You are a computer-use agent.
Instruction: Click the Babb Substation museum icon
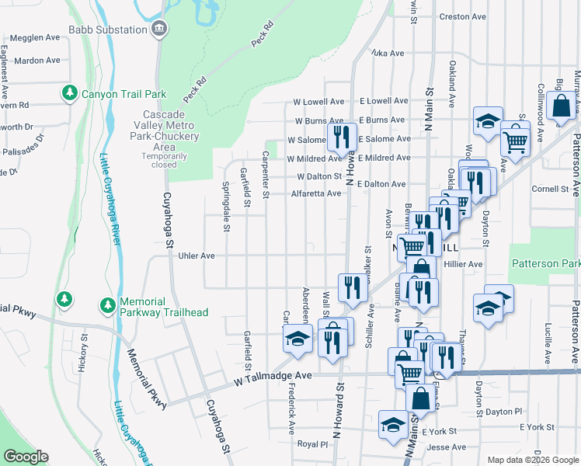(159, 30)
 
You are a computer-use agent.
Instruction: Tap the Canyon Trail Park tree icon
(69, 94)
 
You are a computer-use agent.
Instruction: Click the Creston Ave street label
(462, 16)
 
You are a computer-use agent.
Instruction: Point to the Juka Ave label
(388, 54)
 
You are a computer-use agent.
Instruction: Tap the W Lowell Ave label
(318, 102)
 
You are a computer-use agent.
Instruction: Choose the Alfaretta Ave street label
(316, 193)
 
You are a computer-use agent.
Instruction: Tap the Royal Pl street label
(313, 444)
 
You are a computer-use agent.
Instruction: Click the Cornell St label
(551, 189)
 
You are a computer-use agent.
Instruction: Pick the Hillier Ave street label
(463, 264)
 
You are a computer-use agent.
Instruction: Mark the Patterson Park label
(545, 264)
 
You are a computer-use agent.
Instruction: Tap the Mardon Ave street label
(37, 60)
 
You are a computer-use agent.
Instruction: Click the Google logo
(26, 457)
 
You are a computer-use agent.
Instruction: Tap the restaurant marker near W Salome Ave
(342, 137)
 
